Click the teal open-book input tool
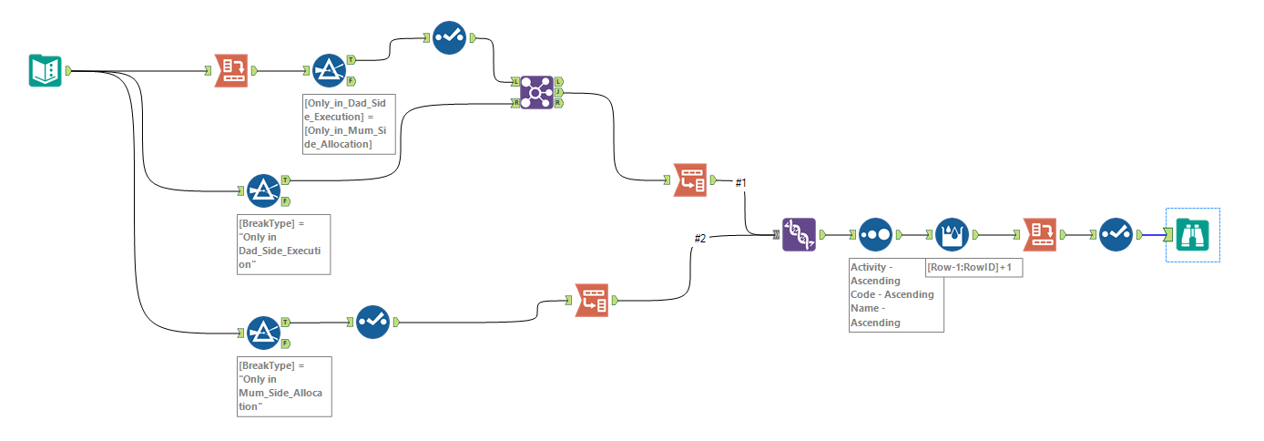pos(46,70)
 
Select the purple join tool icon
pos(537,92)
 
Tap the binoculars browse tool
pos(1192,234)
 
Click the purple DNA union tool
pos(800,234)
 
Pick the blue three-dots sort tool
pos(874,234)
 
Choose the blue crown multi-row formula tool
pos(952,234)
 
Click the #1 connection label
pos(740,183)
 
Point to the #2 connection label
pos(700,239)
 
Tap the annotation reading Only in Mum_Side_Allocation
pos(283,386)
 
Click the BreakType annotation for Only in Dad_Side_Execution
pos(283,244)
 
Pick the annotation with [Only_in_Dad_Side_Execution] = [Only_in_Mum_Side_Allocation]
pos(350,123)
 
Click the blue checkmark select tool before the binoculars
pos(1116,234)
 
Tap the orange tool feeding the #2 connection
pos(592,299)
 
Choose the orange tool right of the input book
pos(230,70)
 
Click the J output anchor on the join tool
pos(558,92)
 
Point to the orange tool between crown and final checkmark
pos(1039,234)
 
